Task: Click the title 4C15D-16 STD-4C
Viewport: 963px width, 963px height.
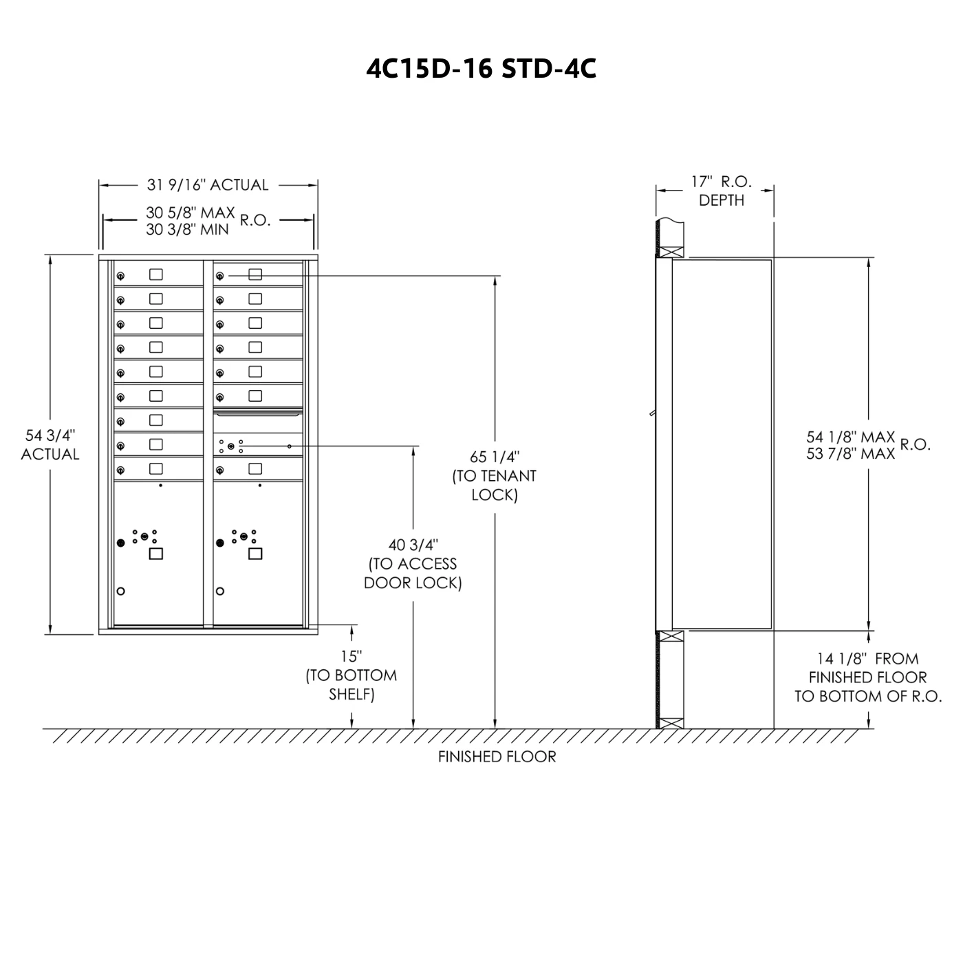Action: point(481,69)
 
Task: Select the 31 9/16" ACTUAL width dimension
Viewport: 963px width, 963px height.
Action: point(208,185)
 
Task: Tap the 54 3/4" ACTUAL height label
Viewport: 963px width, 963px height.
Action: point(50,445)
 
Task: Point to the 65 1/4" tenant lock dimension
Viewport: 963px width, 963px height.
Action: point(495,476)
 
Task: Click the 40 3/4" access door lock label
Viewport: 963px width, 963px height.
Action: point(413,564)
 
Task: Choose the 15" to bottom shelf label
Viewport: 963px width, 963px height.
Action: point(351,675)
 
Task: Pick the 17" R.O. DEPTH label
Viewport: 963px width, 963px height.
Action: point(721,191)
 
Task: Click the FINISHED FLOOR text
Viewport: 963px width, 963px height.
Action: point(497,757)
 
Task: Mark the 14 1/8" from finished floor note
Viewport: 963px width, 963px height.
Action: point(868,677)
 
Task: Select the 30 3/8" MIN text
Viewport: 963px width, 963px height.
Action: point(187,229)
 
